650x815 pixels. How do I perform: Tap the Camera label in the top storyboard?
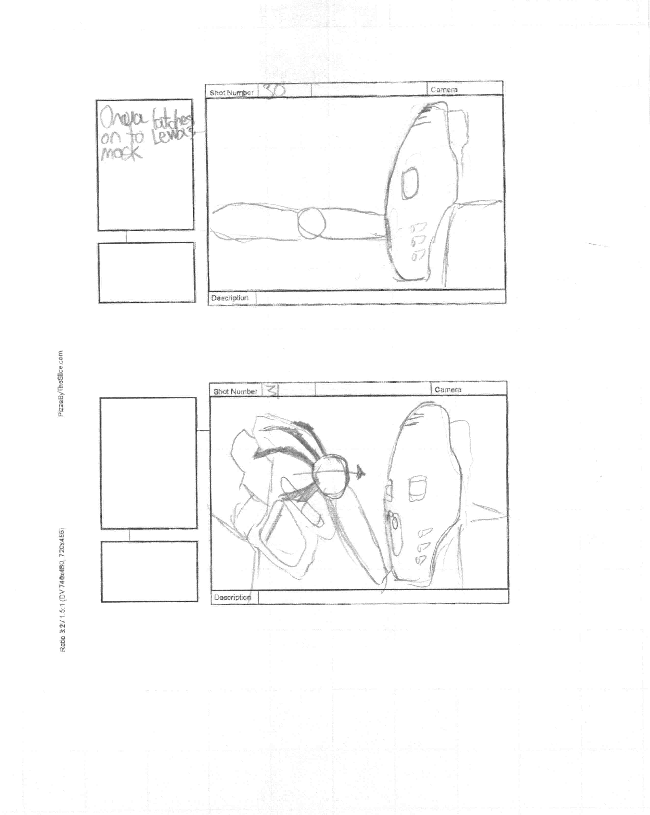(x=444, y=90)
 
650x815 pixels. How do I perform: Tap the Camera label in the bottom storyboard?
(x=448, y=389)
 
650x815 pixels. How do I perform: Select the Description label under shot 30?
(x=230, y=298)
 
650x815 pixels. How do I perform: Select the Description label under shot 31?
(x=232, y=597)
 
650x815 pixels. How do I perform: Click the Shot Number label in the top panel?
(x=231, y=93)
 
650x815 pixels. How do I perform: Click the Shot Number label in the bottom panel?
(x=235, y=392)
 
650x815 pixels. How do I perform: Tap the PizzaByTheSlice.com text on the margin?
(x=60, y=384)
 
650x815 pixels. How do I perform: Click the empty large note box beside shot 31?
(x=148, y=463)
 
